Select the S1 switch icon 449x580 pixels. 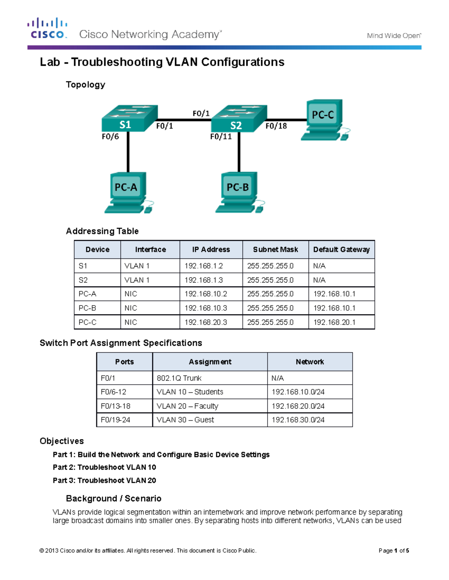[129, 118]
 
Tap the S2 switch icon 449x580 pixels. [239, 118]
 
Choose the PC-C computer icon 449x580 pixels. [324, 120]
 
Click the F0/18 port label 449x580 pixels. [276, 126]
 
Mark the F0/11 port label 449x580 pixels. [221, 137]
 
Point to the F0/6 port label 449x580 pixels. [110, 137]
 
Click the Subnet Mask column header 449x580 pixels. [275, 249]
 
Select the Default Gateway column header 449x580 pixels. [341, 249]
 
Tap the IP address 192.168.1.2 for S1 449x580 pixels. [204, 266]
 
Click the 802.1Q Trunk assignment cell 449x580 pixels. [179, 378]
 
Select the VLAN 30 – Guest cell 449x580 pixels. [185, 420]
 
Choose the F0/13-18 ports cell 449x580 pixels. [115, 406]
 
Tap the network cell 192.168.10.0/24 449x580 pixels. [298, 392]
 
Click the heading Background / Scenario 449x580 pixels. [113, 499]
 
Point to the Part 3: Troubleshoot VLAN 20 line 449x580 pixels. [104, 480]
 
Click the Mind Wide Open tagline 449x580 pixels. [394, 36]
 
